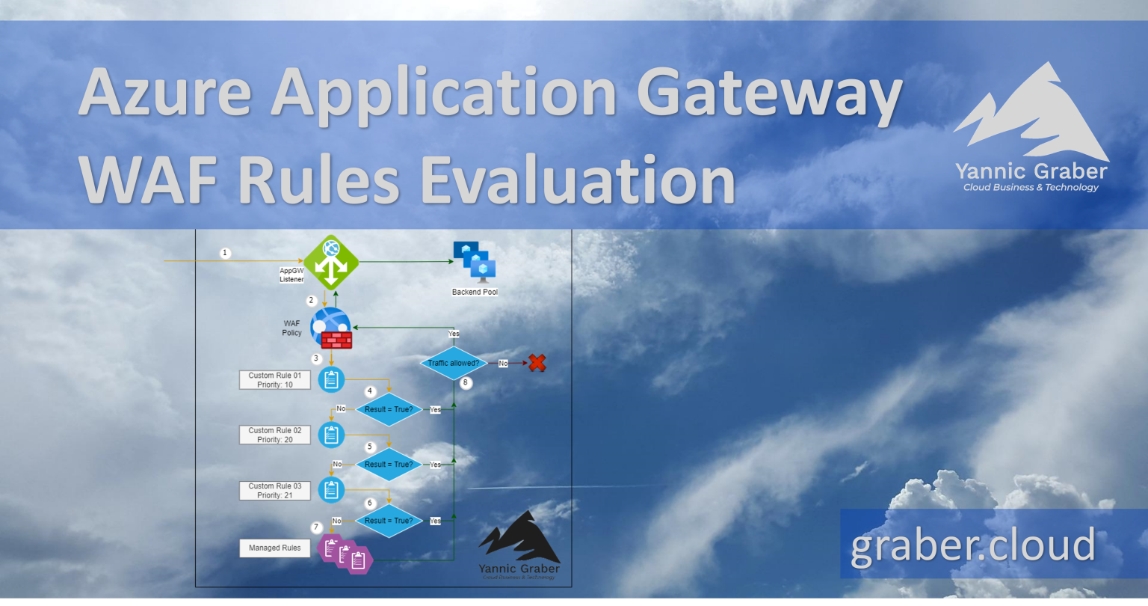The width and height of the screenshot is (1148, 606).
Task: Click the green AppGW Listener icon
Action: (331, 263)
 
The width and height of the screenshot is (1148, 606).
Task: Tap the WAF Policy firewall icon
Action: (331, 328)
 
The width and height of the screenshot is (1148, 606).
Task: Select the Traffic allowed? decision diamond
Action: (454, 364)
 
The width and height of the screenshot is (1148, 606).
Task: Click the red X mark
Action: (537, 363)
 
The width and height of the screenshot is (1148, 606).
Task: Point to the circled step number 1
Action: (225, 253)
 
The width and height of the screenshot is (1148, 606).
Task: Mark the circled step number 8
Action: (466, 382)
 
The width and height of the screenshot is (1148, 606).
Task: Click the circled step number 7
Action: (316, 527)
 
